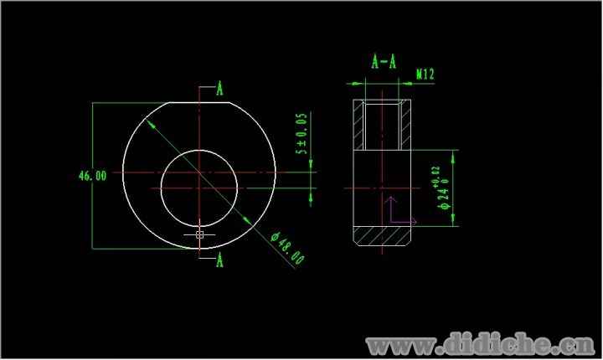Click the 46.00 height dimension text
[92, 176]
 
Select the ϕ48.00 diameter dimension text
[287, 249]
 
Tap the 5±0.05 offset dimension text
[301, 133]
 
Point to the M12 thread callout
[425, 74]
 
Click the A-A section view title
[384, 62]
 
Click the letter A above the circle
[219, 88]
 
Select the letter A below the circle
[219, 260]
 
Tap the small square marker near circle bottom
[199, 234]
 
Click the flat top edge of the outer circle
[199, 102]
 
